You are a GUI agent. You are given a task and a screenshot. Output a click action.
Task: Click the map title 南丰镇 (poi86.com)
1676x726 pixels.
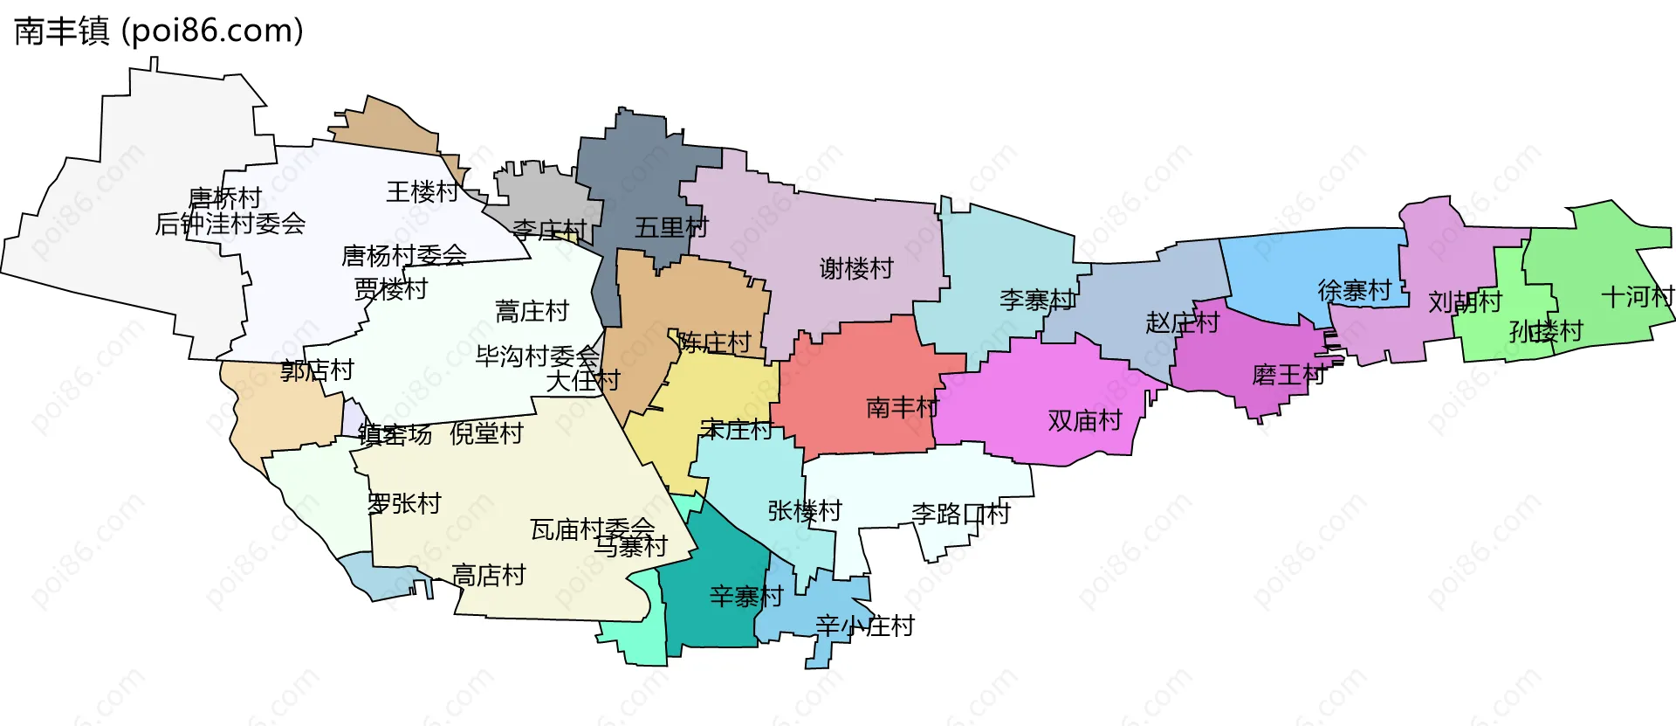pos(159,31)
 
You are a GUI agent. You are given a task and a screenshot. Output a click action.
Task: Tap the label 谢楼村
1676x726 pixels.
pos(856,268)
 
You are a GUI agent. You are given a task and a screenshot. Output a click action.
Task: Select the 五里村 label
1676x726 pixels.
pos(671,228)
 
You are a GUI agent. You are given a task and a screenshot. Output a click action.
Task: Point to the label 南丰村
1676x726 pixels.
pos(903,407)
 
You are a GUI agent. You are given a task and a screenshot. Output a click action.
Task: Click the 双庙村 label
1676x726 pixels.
pos(1084,421)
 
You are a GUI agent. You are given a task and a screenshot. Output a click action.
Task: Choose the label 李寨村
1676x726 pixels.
pos(1037,301)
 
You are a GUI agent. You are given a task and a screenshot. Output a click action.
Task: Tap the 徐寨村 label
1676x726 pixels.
pos(1355,290)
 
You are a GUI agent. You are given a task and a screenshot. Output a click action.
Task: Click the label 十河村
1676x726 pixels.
pos(1638,297)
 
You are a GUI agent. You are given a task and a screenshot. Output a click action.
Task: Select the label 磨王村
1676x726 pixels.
pos(1288,376)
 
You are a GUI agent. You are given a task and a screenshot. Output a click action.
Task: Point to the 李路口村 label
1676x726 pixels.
pos(960,514)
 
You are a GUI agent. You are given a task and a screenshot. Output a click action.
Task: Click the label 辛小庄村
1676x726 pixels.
pos(864,626)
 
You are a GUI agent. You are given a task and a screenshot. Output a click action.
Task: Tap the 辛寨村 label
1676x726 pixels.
pos(746,597)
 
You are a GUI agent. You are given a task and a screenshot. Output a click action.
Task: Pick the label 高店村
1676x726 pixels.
pos(489,576)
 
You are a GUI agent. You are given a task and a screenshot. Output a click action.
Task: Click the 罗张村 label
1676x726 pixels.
pos(404,504)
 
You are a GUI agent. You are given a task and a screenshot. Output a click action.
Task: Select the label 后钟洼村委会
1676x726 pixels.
pos(230,225)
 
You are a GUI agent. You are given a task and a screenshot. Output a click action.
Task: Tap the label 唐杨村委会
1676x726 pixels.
pos(404,256)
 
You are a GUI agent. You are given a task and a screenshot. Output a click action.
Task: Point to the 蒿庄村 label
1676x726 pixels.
pos(532,311)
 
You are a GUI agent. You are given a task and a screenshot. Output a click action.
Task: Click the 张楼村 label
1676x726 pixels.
pos(805,511)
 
